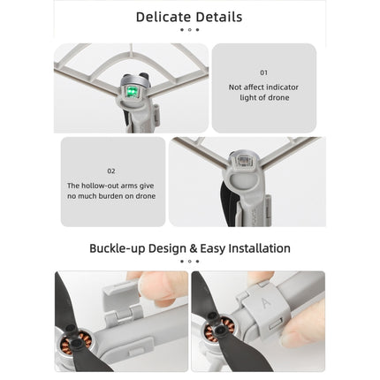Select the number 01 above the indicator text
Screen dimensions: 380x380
coord(263,72)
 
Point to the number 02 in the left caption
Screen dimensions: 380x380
coord(110,171)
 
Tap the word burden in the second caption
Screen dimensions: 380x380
coord(113,195)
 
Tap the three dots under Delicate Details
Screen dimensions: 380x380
coord(189,30)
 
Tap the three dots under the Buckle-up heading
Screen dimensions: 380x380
coord(189,261)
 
